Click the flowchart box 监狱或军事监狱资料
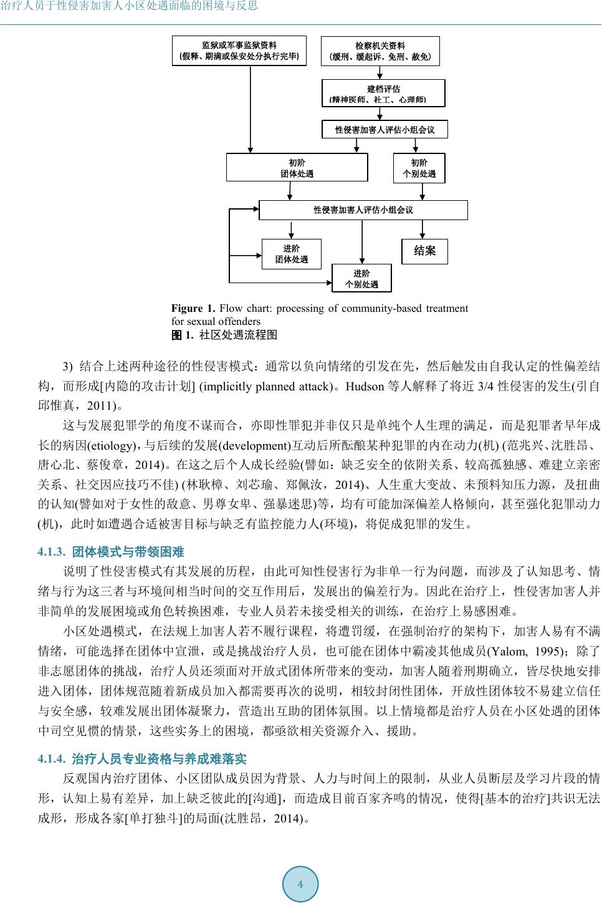click(x=239, y=51)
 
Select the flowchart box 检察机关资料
click(x=380, y=51)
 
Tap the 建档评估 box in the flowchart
click(x=383, y=94)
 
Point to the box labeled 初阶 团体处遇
click(x=297, y=168)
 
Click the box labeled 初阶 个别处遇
click(x=419, y=168)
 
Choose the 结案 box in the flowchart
click(x=424, y=251)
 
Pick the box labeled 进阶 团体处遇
click(x=291, y=254)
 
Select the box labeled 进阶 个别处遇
click(x=361, y=278)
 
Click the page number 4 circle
click(x=300, y=884)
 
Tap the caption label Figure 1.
click(x=193, y=308)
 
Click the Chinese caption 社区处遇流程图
click(x=238, y=335)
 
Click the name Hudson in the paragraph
click(x=364, y=387)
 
